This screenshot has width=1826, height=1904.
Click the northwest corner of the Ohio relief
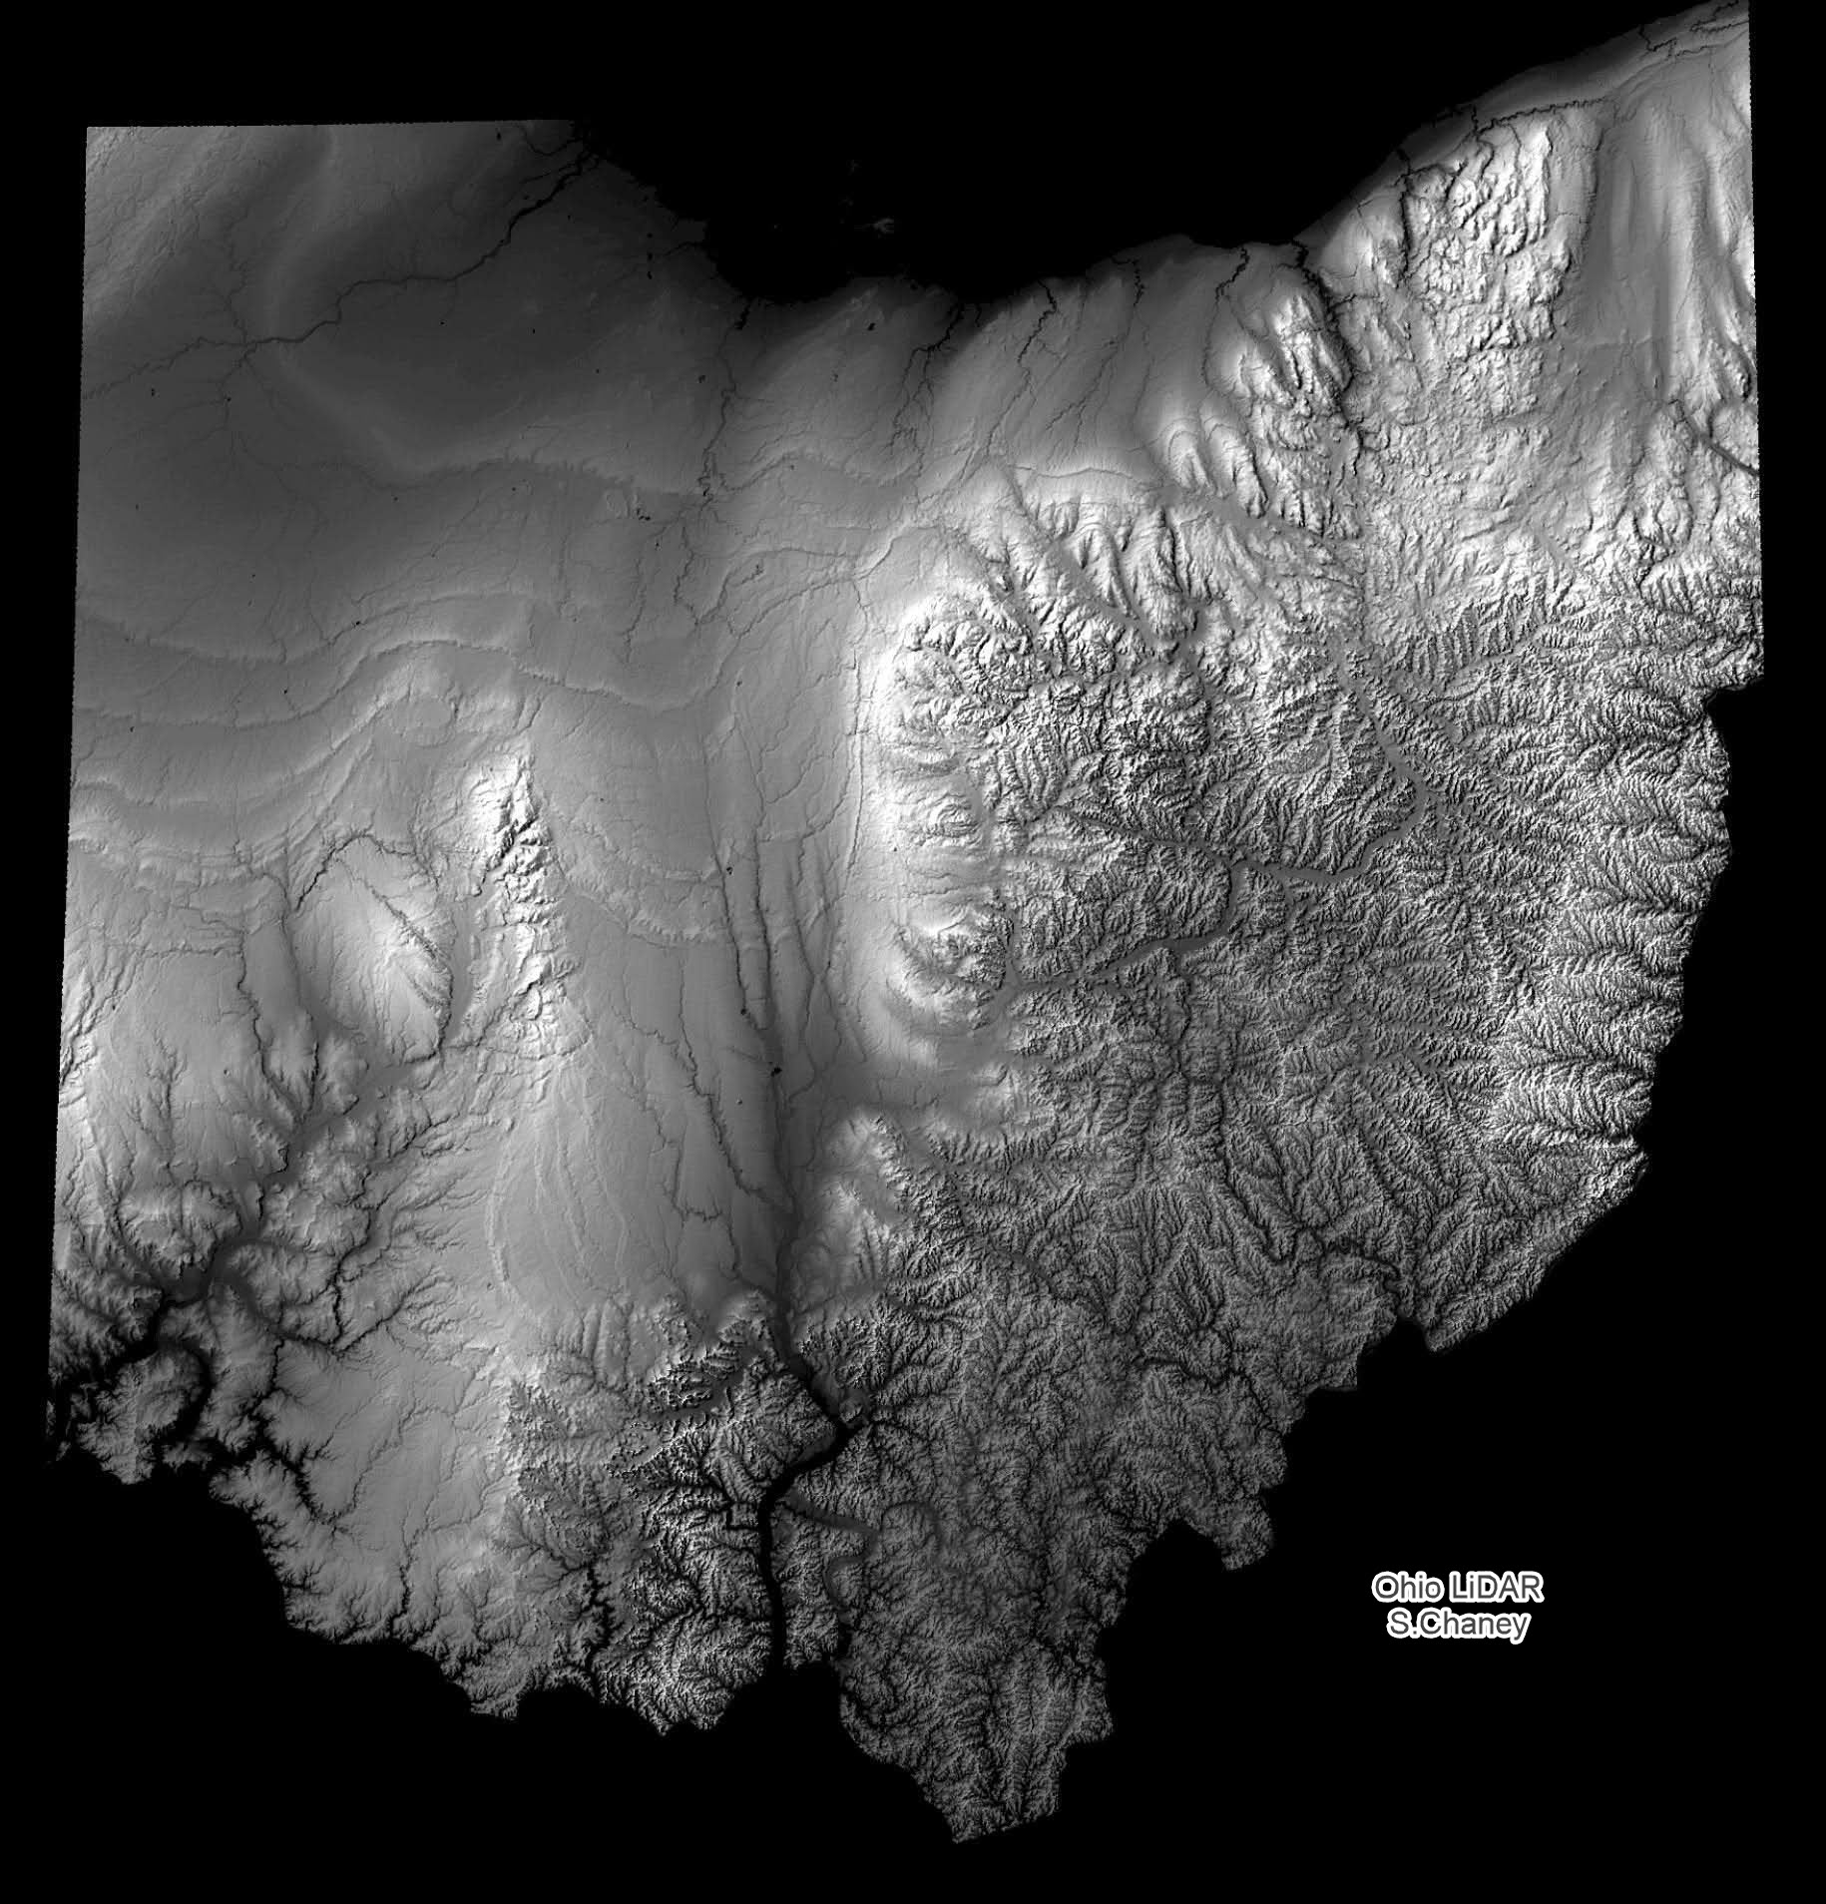[89, 130]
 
